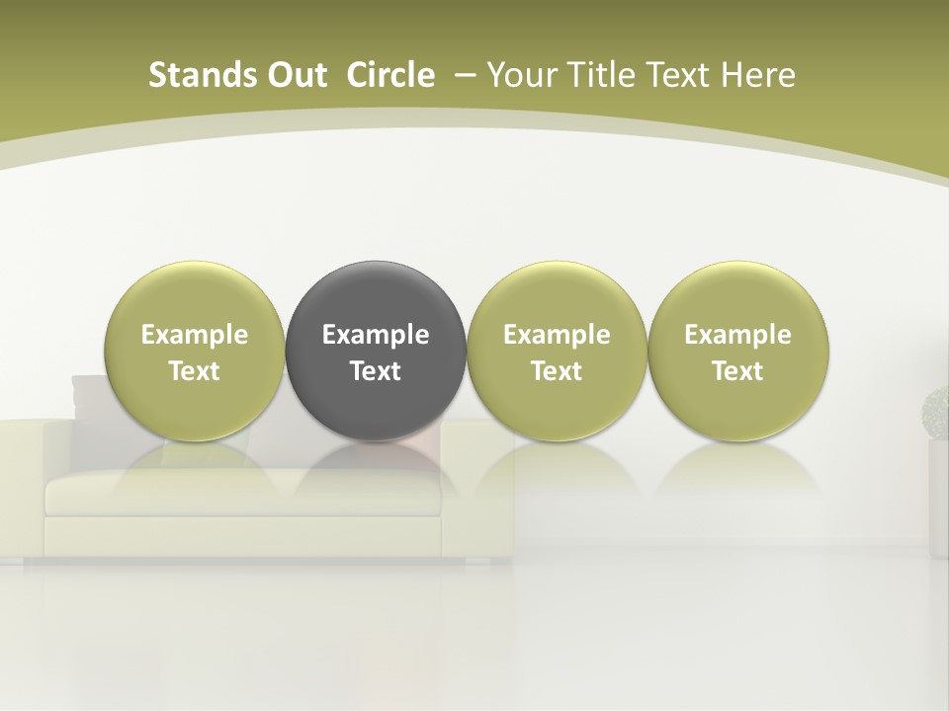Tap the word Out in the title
294,75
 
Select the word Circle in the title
390,75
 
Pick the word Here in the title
759,75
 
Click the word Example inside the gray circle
376,335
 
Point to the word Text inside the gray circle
376,371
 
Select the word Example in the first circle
195,335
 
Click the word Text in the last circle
737,371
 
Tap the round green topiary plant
936,413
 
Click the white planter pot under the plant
938,494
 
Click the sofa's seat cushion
237,492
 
